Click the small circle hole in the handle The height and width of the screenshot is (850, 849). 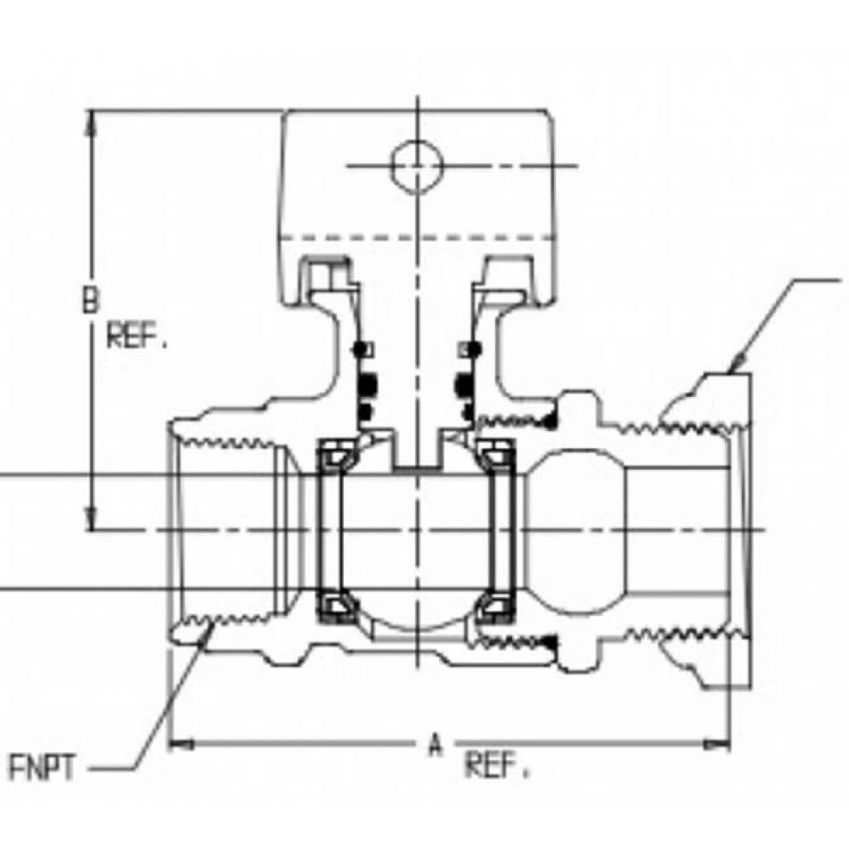416,164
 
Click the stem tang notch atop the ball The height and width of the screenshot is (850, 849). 417,450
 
